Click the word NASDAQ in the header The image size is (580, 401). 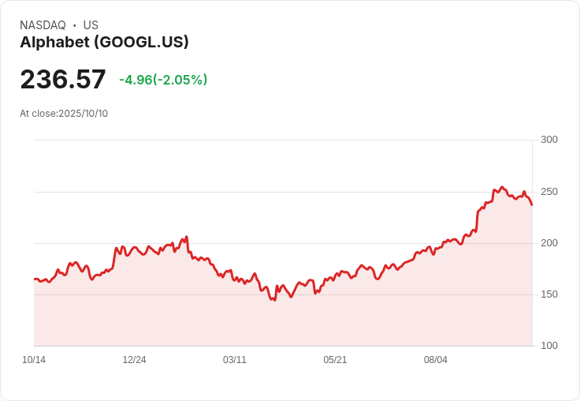[x=43, y=25]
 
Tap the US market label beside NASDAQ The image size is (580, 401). [x=91, y=25]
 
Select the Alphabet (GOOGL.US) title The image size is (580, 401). [x=104, y=43]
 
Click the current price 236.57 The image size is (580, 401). [x=63, y=79]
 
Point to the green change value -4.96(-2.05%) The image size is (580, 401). [x=163, y=80]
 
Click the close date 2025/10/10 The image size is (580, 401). [x=83, y=114]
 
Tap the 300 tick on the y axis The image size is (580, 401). [x=548, y=140]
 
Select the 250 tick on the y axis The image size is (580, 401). [x=548, y=192]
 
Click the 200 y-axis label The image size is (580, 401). [x=548, y=243]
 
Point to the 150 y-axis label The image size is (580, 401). [x=548, y=294]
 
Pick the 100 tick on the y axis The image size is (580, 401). [x=548, y=346]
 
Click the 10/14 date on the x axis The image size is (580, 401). [x=34, y=360]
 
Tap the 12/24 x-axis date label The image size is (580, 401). [x=134, y=360]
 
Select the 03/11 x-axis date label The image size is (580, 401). [x=235, y=360]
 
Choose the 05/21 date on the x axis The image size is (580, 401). [x=335, y=360]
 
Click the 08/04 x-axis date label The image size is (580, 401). [x=436, y=360]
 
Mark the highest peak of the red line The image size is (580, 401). [x=502, y=187]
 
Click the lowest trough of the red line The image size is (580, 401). [x=274, y=301]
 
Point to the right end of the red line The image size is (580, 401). [x=532, y=205]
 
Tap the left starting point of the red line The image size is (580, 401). [x=34, y=279]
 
